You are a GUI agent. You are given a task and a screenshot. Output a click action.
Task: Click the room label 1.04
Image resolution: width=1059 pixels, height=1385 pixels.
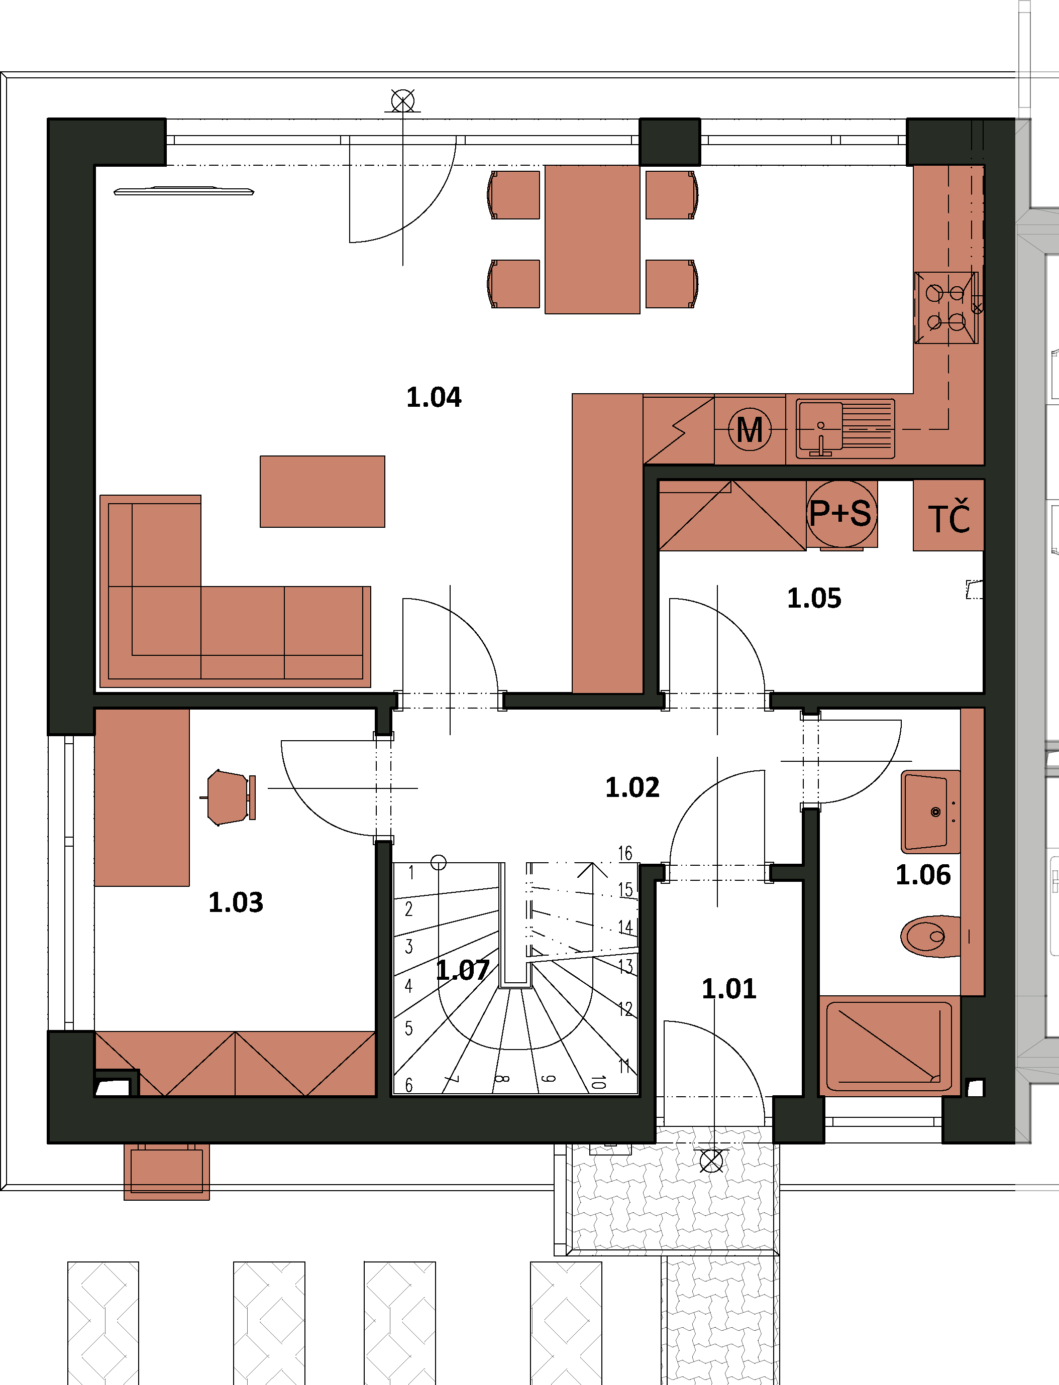tap(434, 398)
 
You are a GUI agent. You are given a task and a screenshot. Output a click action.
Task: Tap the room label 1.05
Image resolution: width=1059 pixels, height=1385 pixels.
tap(814, 598)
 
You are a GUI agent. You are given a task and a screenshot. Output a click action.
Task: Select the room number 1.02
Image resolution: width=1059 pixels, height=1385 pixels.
tap(632, 787)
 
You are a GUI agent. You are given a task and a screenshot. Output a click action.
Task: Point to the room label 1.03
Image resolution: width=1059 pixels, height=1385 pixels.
tap(236, 902)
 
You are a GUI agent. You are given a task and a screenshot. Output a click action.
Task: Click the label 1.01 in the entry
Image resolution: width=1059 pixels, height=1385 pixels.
tap(729, 989)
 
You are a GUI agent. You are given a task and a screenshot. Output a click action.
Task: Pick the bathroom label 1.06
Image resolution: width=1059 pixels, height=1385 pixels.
tap(923, 875)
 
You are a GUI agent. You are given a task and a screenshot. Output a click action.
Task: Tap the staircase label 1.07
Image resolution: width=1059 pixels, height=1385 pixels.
tap(463, 970)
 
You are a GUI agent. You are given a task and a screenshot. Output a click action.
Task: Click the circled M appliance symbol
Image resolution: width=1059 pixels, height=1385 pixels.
tap(750, 430)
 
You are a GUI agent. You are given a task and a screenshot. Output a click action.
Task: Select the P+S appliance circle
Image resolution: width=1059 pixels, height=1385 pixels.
tap(841, 514)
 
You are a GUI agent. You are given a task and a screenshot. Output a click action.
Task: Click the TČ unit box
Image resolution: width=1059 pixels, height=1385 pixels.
tap(948, 515)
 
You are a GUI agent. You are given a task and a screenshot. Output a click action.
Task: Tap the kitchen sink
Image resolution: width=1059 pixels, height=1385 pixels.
tap(844, 428)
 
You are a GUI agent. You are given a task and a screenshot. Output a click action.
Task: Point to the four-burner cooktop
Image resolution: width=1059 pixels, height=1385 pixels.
tap(946, 307)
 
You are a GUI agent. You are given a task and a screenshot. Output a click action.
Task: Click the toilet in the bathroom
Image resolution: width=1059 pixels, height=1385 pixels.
tap(930, 937)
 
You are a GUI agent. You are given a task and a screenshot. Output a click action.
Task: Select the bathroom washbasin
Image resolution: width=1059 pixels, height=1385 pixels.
tap(930, 812)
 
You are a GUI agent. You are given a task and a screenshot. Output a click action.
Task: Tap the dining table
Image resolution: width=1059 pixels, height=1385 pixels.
tap(592, 240)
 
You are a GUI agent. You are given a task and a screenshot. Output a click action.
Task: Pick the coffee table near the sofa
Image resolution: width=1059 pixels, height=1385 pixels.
tap(322, 492)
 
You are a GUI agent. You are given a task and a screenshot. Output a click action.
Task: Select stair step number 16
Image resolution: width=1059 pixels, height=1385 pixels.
tap(624, 853)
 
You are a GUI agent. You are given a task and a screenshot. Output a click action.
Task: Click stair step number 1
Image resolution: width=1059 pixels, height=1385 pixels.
tap(411, 873)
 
